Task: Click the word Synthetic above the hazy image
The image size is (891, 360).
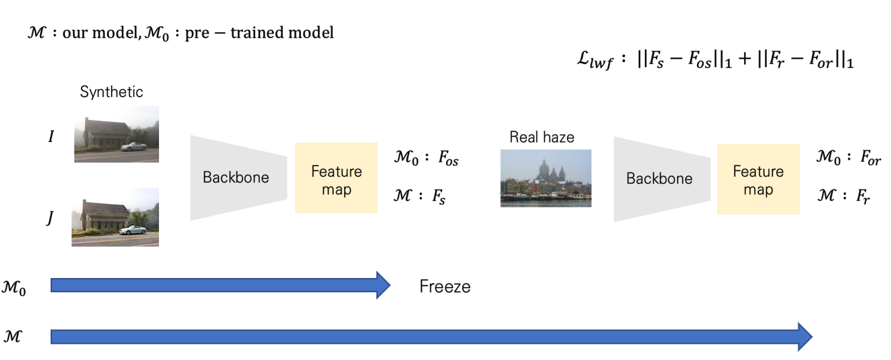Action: coord(111,92)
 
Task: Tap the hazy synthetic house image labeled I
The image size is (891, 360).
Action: coord(116,134)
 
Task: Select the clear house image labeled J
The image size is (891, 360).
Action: coord(115,217)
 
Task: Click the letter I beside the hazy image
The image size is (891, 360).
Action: coord(51,135)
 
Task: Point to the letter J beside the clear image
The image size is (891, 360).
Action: coord(50,219)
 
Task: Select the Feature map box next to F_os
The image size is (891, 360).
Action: coord(336,178)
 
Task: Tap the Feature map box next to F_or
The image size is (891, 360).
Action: coord(758,179)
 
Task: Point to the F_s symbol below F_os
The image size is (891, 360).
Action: coord(438,195)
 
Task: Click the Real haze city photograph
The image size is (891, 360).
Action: coord(545,178)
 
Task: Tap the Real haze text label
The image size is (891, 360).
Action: coord(542,138)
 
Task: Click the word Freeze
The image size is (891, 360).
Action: coord(445,287)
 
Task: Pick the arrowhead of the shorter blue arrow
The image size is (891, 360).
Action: coord(382,286)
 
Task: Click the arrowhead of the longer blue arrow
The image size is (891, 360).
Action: coord(804,336)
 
